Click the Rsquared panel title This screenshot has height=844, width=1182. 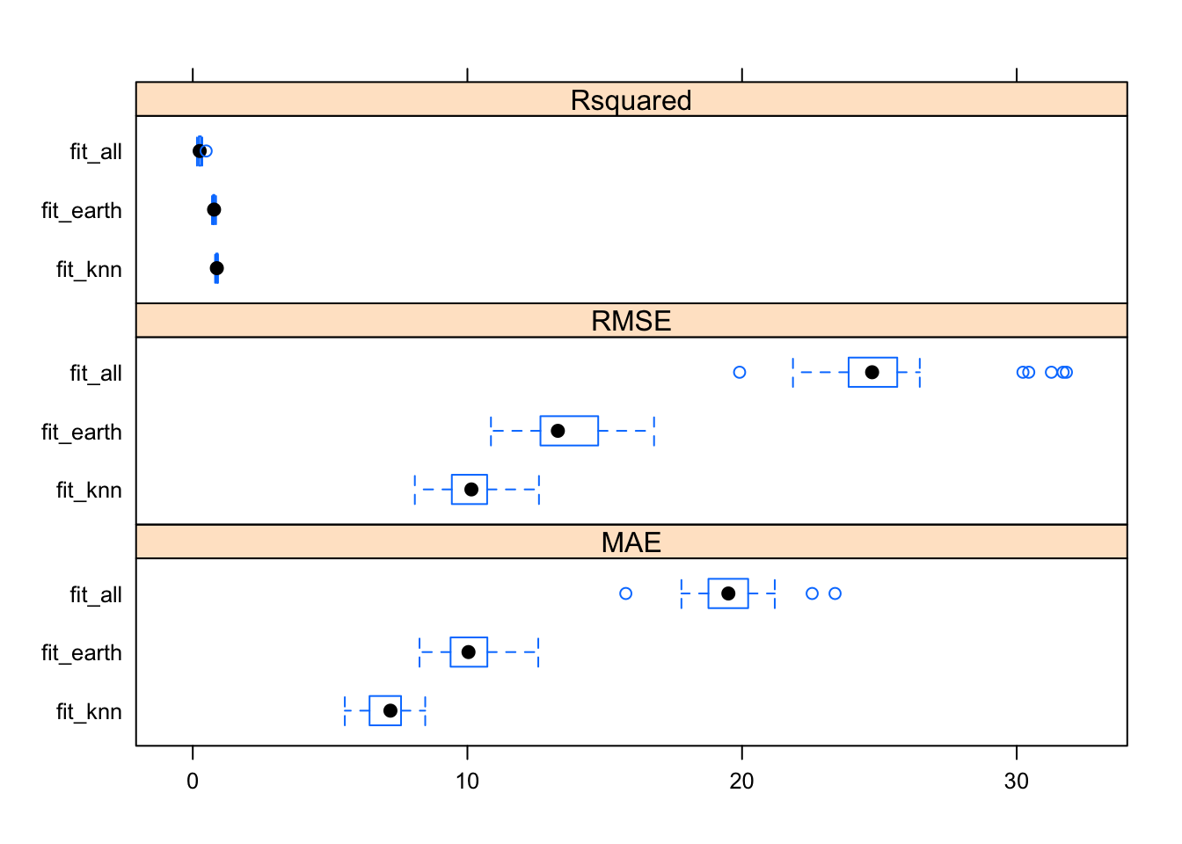pyautogui.click(x=631, y=100)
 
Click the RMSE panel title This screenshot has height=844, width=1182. pyautogui.click(x=631, y=321)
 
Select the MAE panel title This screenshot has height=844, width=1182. pyautogui.click(x=631, y=542)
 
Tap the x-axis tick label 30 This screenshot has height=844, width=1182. pyautogui.click(x=1016, y=781)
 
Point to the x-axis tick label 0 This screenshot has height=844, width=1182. pyautogui.click(x=193, y=781)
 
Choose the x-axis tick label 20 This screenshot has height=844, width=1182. pyautogui.click(x=741, y=781)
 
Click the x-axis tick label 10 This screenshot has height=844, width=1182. pyautogui.click(x=467, y=781)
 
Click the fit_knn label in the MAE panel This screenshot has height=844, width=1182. pyautogui.click(x=89, y=711)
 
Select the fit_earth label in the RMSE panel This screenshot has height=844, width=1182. pyautogui.click(x=82, y=432)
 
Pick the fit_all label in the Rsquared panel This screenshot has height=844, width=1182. pyautogui.click(x=96, y=152)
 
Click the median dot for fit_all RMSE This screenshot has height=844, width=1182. pyautogui.click(x=872, y=372)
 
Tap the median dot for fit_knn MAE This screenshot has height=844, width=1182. pyautogui.click(x=390, y=710)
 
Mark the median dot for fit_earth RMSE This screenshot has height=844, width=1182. pyautogui.click(x=558, y=431)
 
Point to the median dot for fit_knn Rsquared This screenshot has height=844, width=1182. pyautogui.click(x=217, y=268)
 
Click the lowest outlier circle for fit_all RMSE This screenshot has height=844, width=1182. pyautogui.click(x=740, y=372)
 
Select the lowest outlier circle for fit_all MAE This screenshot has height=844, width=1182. pyautogui.click(x=625, y=593)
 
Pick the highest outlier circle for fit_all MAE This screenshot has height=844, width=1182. pyautogui.click(x=835, y=593)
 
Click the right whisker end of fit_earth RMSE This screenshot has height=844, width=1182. pyautogui.click(x=654, y=431)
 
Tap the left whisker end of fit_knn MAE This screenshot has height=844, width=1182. pyautogui.click(x=345, y=710)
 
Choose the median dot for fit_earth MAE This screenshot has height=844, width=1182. pyautogui.click(x=469, y=651)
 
